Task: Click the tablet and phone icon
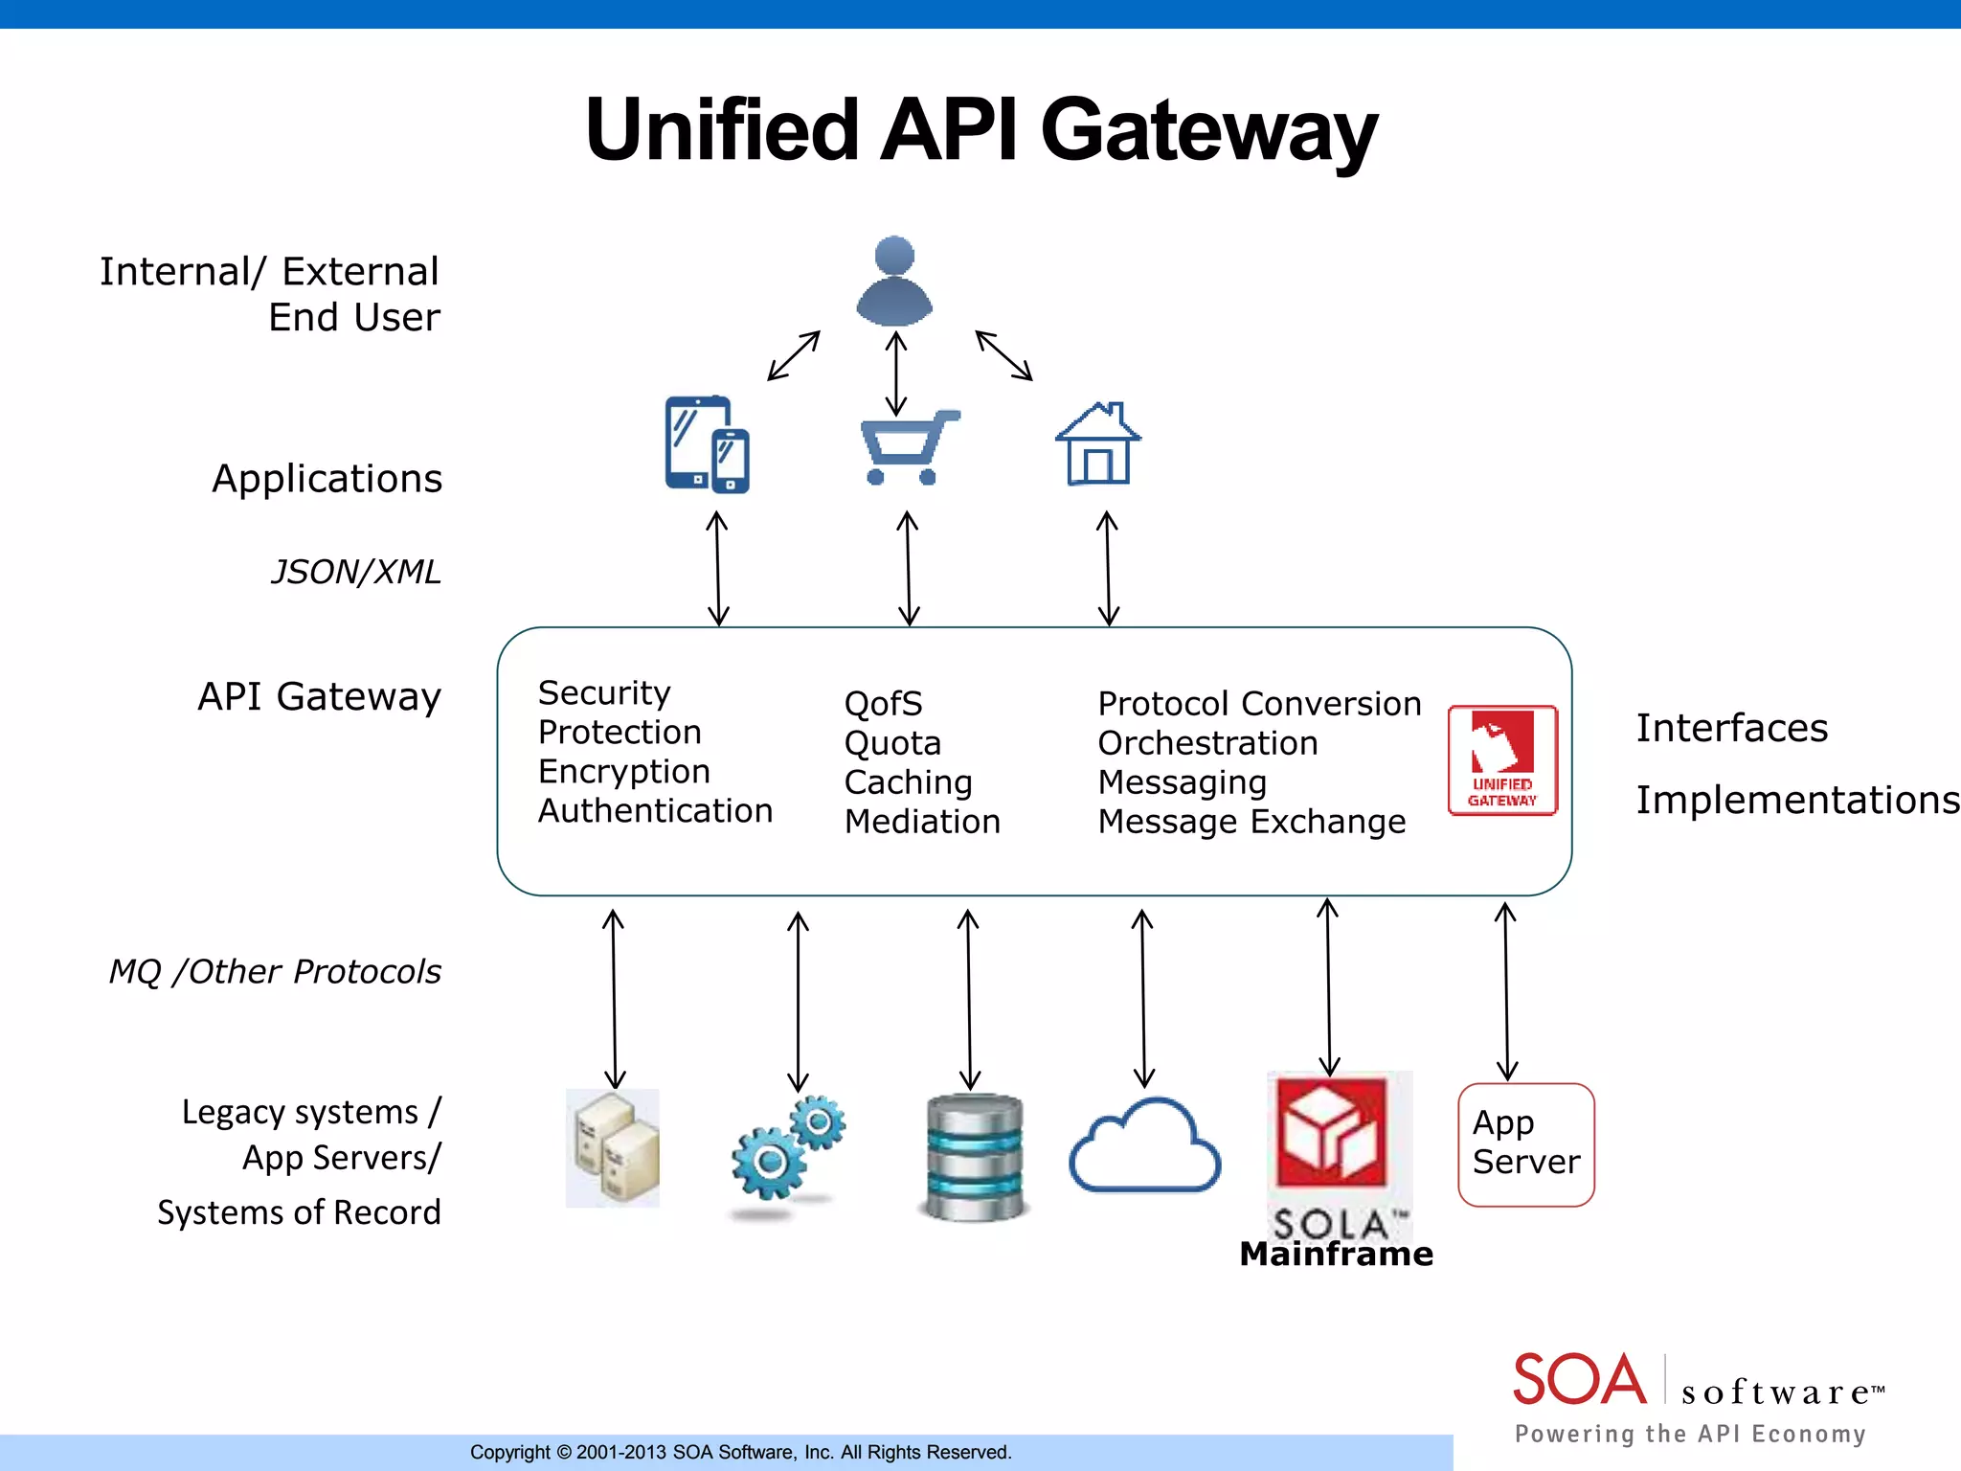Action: [x=707, y=444]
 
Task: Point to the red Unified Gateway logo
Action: [x=1502, y=760]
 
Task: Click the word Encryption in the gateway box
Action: [x=623, y=771]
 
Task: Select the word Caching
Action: [x=908, y=782]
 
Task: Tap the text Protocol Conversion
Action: [x=1258, y=704]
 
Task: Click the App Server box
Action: [x=1525, y=1144]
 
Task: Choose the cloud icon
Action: [x=1144, y=1147]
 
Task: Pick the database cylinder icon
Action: [x=974, y=1157]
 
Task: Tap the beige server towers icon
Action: [x=613, y=1147]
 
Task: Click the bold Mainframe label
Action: [x=1336, y=1254]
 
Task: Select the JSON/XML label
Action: [x=355, y=572]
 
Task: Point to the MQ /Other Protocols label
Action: [x=275, y=971]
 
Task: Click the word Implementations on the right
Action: [x=1796, y=800]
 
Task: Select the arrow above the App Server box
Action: [x=1506, y=991]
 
